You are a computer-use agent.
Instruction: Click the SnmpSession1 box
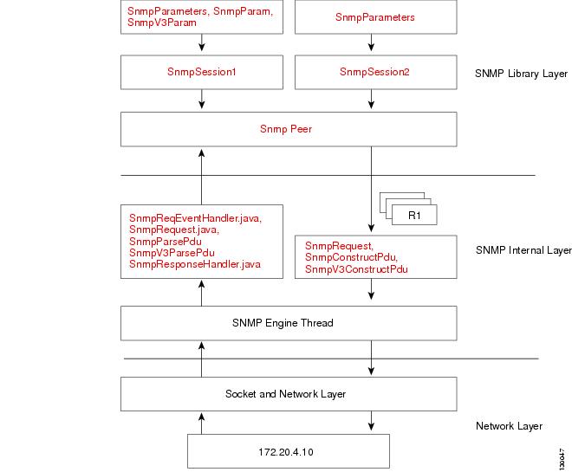pyautogui.click(x=202, y=72)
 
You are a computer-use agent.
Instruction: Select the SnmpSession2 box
pyautogui.click(x=374, y=72)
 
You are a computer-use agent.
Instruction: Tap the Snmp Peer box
pyautogui.click(x=288, y=130)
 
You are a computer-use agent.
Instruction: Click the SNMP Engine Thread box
pyautogui.click(x=288, y=323)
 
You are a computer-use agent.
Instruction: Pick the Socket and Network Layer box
pyautogui.click(x=288, y=394)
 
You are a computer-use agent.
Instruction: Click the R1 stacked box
pyautogui.click(x=413, y=214)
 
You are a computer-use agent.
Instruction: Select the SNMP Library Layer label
pyautogui.click(x=522, y=74)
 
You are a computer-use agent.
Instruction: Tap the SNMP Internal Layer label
pyautogui.click(x=523, y=250)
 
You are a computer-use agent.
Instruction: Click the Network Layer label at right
pyautogui.click(x=510, y=426)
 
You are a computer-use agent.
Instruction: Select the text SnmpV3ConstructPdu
pyautogui.click(x=356, y=270)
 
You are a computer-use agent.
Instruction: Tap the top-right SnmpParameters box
pyautogui.click(x=374, y=17)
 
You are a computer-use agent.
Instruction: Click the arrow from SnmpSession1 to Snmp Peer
pyautogui.click(x=202, y=100)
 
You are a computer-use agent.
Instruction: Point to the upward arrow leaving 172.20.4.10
pyautogui.click(x=202, y=423)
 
